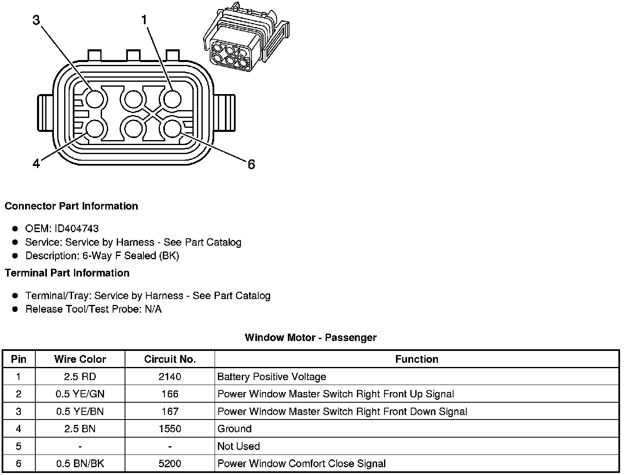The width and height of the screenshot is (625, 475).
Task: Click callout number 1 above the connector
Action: (x=144, y=19)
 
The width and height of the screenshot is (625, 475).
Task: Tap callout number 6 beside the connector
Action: (x=251, y=164)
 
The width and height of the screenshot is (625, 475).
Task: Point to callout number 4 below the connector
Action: (x=37, y=164)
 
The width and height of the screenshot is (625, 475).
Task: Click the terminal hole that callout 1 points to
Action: (x=172, y=99)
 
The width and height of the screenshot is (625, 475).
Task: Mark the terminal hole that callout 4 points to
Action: (x=95, y=129)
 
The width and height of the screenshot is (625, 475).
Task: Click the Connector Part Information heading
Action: (x=71, y=206)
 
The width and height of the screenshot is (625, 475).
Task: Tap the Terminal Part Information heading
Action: (x=67, y=273)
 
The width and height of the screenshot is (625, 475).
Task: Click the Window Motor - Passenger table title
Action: (x=310, y=337)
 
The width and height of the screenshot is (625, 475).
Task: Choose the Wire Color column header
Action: (x=80, y=359)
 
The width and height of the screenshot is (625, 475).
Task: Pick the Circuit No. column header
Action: (x=170, y=359)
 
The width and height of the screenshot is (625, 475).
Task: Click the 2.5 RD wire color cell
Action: (x=80, y=376)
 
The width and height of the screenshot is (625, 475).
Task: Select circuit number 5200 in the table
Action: (x=170, y=463)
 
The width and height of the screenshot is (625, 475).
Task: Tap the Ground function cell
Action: (x=234, y=429)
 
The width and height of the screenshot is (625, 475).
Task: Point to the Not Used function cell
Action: (x=238, y=446)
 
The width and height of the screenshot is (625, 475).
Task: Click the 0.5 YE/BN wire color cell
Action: (x=80, y=411)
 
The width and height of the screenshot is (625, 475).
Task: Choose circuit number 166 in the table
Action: (x=170, y=394)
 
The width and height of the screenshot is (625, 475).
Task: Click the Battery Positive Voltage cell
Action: (x=272, y=376)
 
